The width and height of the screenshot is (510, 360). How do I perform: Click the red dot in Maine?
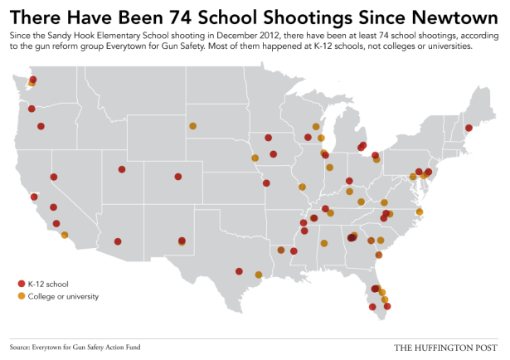point(469,128)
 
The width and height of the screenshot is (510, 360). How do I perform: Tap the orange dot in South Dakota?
point(192,126)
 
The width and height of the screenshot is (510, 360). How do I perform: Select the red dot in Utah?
point(122,169)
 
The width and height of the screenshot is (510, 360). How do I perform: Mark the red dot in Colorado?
point(178,176)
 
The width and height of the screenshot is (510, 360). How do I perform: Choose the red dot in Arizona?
point(118,242)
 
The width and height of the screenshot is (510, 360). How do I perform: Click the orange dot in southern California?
point(65,235)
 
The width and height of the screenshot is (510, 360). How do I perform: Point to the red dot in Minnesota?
point(268,138)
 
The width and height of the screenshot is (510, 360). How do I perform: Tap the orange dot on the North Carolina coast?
point(420,212)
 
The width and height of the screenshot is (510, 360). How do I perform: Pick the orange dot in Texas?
point(259,275)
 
